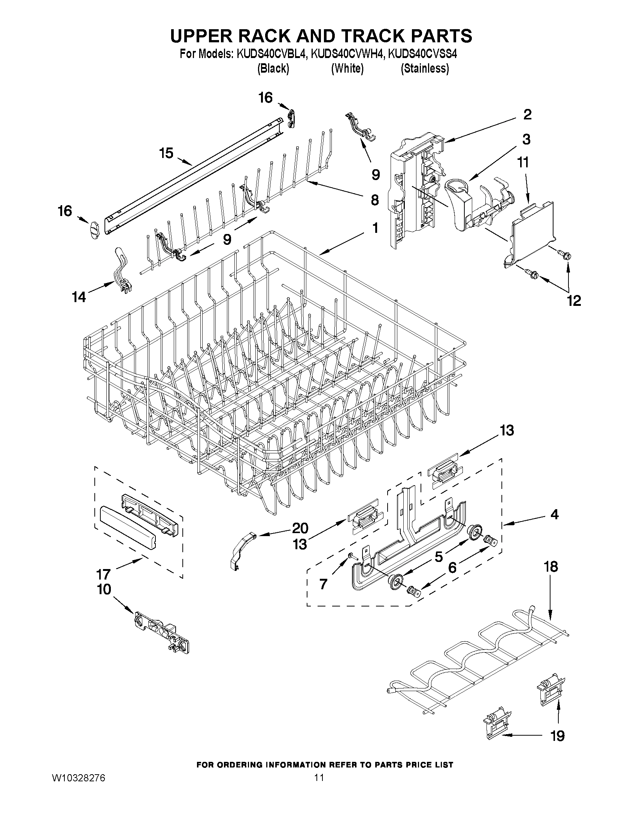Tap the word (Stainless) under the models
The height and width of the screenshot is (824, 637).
(425, 68)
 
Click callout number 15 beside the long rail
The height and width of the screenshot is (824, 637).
(166, 153)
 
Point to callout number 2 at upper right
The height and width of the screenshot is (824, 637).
(527, 114)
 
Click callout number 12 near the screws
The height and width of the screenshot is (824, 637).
(574, 300)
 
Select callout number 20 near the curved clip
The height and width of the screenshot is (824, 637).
(300, 528)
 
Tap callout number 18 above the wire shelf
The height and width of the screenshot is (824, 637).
(551, 578)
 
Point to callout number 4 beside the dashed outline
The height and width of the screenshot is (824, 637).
(553, 514)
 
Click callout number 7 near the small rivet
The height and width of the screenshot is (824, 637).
(323, 584)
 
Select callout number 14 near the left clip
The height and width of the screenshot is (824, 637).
(79, 297)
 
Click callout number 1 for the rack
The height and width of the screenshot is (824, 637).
(375, 228)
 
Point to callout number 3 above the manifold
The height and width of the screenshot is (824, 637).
(526, 139)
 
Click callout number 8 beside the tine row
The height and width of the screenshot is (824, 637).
(375, 200)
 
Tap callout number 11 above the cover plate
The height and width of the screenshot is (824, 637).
(523, 162)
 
